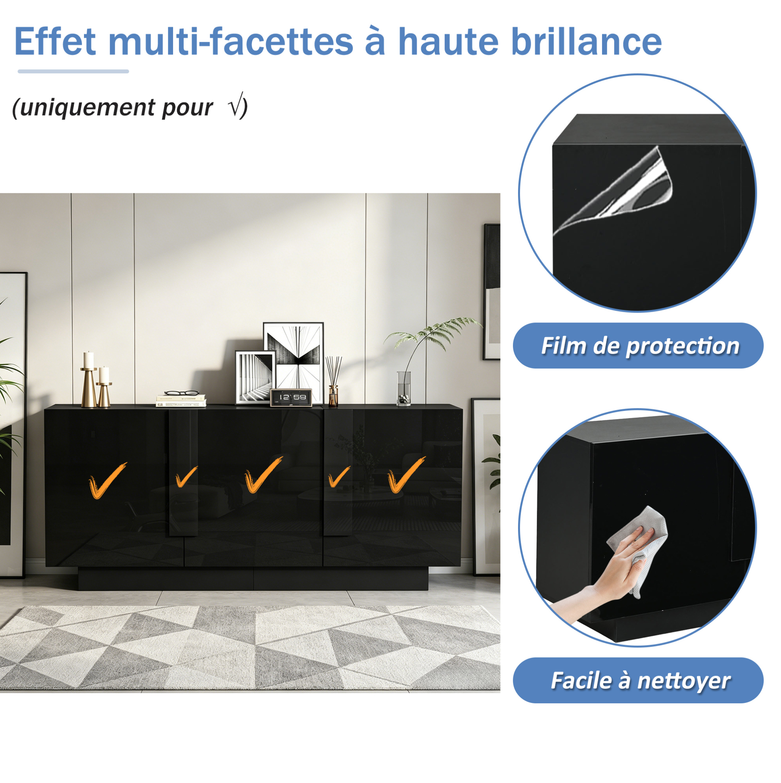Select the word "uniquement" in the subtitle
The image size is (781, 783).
(88, 108)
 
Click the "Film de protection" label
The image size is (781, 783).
(639, 346)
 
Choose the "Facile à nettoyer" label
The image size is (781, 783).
(640, 680)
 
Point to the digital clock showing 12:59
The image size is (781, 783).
(291, 397)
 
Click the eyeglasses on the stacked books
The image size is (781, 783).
(182, 393)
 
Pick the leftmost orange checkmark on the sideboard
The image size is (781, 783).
(107, 480)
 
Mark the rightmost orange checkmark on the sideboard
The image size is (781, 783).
(406, 475)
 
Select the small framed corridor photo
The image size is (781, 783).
(255, 377)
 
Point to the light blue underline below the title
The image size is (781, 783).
(73, 71)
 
